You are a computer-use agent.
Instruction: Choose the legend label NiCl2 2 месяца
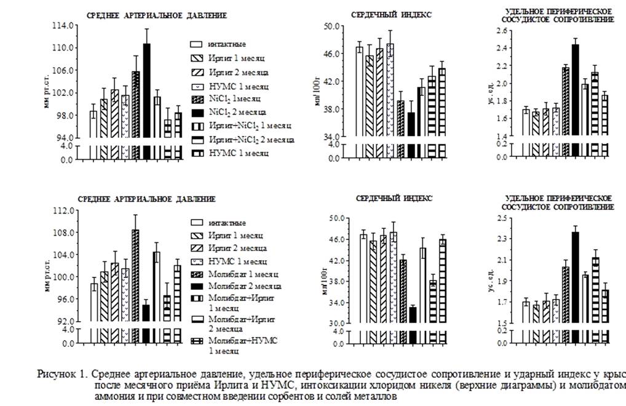236,112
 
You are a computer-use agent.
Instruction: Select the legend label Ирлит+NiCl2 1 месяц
249,126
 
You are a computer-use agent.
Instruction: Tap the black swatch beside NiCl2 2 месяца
196,112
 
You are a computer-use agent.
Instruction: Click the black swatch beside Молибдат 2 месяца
196,287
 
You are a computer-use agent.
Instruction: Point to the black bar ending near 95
146,312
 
